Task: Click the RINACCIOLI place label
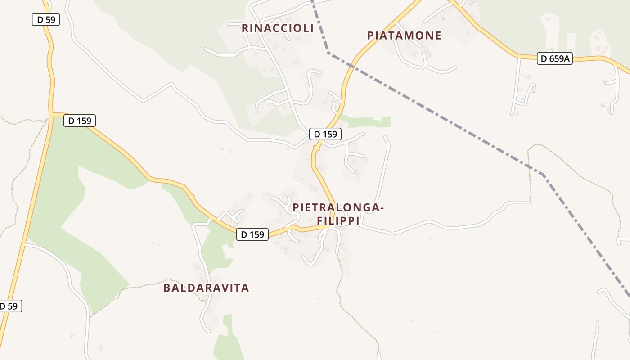point(277,28)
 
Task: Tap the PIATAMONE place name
point(404,36)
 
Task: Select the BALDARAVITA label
point(206,288)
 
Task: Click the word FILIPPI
point(338,221)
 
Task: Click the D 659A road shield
point(554,58)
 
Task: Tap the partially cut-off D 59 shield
point(9,306)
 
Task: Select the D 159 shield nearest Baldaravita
point(252,234)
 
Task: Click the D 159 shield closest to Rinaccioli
point(325,134)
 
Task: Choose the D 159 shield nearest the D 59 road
point(80,121)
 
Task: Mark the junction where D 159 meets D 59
point(52,114)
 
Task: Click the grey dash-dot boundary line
point(432,112)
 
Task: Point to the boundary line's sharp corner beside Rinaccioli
point(328,53)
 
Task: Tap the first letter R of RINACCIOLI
point(245,28)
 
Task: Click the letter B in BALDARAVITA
point(166,288)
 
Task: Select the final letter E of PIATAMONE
point(438,36)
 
